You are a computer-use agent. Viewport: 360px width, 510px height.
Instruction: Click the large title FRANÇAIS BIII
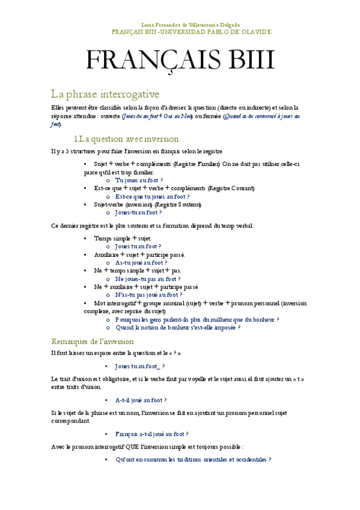click(180, 61)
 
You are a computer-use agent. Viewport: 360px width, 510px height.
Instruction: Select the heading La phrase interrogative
click(105, 94)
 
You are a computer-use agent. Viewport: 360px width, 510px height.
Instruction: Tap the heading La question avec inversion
click(130, 139)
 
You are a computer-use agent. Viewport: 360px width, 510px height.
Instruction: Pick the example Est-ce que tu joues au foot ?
click(152, 196)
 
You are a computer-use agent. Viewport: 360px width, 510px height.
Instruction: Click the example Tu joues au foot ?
click(139, 180)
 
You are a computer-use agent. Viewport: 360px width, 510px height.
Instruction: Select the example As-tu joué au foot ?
click(141, 262)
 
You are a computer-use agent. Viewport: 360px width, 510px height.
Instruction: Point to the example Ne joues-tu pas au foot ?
click(147, 278)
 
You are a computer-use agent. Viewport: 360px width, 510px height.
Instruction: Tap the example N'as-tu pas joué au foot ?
click(148, 295)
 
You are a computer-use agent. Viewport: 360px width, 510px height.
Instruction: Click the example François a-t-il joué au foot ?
click(151, 433)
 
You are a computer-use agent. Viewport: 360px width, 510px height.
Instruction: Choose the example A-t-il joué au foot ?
click(141, 399)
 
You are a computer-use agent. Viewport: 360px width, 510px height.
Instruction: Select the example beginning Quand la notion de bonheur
click(177, 328)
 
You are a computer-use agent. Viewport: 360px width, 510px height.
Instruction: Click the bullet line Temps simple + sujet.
click(118, 238)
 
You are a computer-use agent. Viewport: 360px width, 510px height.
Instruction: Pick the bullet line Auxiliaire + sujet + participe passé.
click(139, 254)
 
